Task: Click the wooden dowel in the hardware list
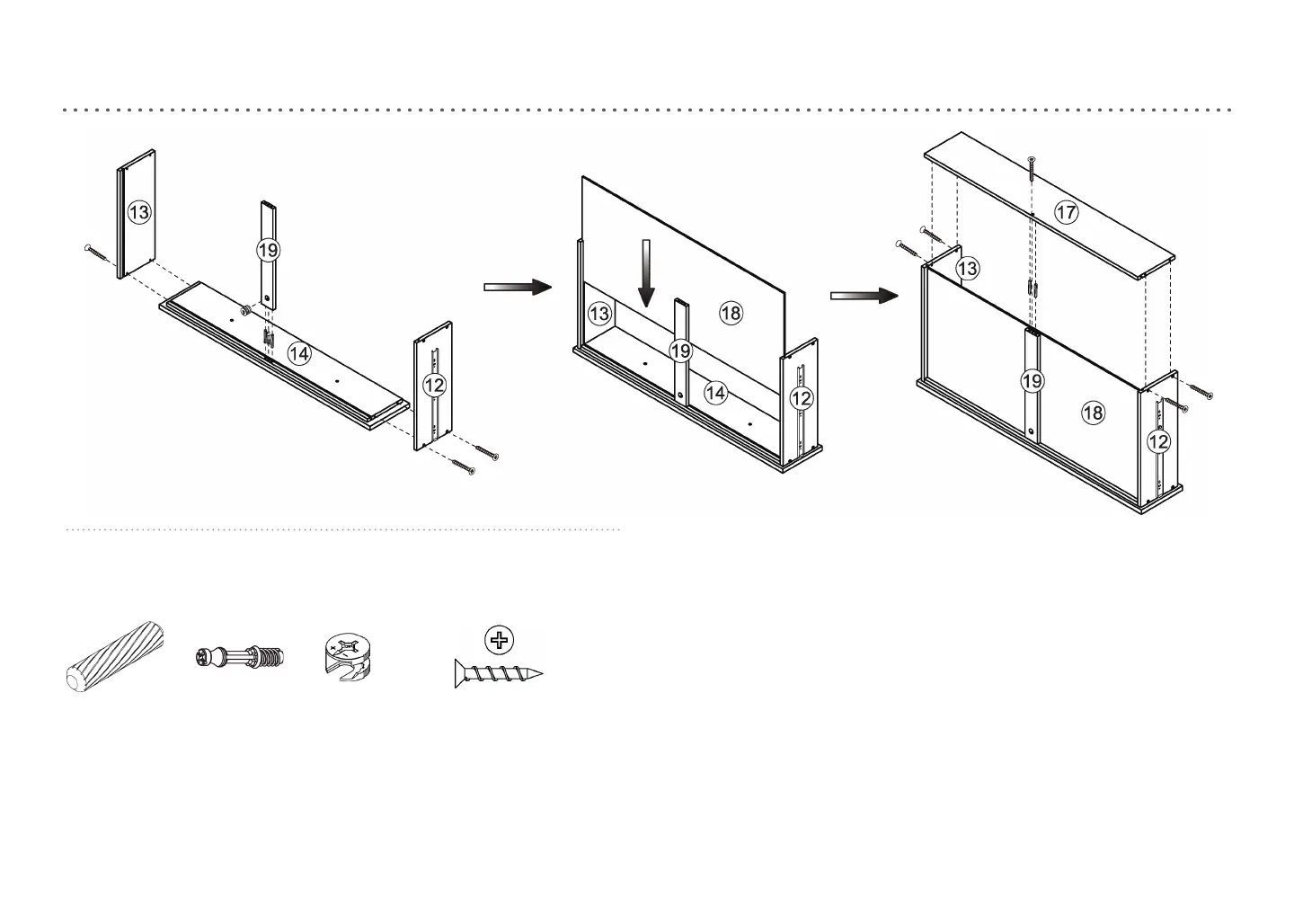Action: (x=115, y=655)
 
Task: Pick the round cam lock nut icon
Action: (x=346, y=654)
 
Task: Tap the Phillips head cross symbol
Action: (x=500, y=641)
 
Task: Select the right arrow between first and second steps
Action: (x=517, y=287)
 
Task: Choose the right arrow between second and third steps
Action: (x=864, y=296)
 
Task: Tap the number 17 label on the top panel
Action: (x=1066, y=213)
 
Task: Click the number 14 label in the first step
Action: (x=299, y=354)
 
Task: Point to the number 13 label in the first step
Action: (x=139, y=213)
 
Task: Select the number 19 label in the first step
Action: (x=269, y=249)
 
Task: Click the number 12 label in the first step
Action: (x=434, y=386)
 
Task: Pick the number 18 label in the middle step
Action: (x=731, y=312)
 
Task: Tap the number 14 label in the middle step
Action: (x=715, y=393)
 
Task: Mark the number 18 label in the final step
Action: (x=1093, y=413)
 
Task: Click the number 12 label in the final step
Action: (x=1159, y=441)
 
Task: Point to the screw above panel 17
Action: (x=1032, y=168)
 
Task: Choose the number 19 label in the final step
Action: (x=1033, y=381)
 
